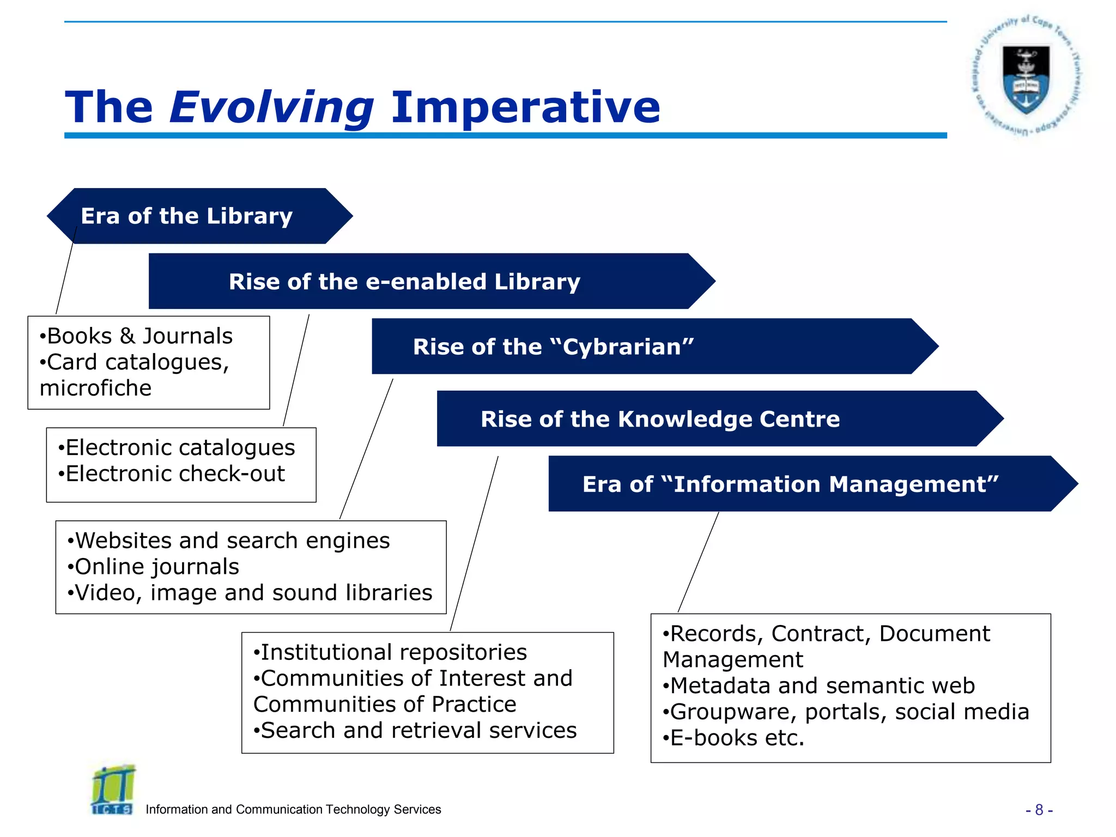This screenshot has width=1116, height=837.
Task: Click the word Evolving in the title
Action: click(x=271, y=107)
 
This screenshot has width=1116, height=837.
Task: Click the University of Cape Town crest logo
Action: click(x=1027, y=76)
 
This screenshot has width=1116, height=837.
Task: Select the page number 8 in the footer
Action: click(x=1039, y=810)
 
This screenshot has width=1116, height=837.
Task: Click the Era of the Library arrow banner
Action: click(x=199, y=216)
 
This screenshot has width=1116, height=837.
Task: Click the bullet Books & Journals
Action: click(x=139, y=336)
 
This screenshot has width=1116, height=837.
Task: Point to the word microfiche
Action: click(x=96, y=389)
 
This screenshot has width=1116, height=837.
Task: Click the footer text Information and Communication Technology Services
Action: click(x=293, y=810)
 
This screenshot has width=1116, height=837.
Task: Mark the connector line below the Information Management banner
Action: click(x=699, y=561)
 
